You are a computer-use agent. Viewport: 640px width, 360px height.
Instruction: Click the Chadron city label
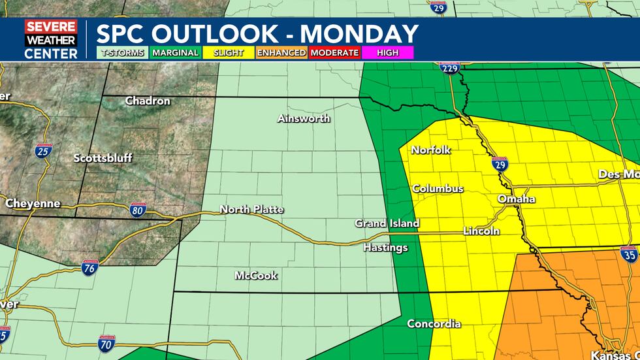coord(148,101)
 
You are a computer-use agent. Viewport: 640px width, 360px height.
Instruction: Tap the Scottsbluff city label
coord(103,158)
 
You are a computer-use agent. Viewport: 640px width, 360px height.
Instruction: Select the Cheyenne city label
coord(33,204)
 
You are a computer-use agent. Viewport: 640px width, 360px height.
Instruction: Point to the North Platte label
coord(251,210)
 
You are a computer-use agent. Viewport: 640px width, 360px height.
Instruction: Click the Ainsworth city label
coord(304,119)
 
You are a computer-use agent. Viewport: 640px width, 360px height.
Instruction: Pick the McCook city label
coord(256,276)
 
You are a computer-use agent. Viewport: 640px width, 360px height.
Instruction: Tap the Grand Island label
coord(387,223)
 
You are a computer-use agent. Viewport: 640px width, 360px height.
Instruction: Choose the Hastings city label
coord(385,248)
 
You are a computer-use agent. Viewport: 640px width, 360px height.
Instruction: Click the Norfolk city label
coord(431,150)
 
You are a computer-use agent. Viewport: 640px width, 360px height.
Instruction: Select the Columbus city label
coord(438,189)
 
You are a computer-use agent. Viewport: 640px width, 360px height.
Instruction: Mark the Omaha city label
coord(516,199)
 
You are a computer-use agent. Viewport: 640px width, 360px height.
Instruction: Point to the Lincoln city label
coord(481,231)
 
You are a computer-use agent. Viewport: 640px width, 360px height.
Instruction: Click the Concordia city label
coord(434,324)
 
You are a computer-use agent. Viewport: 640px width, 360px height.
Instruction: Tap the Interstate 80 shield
coord(137,210)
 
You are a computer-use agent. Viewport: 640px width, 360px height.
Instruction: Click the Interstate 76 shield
coord(90,267)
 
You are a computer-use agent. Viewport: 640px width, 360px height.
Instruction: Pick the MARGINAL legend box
coord(175,53)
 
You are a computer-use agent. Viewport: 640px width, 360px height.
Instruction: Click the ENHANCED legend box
coord(281,53)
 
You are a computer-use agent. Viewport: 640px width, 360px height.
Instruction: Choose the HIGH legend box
coord(388,53)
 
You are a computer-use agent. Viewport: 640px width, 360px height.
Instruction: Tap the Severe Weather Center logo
coord(51,40)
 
